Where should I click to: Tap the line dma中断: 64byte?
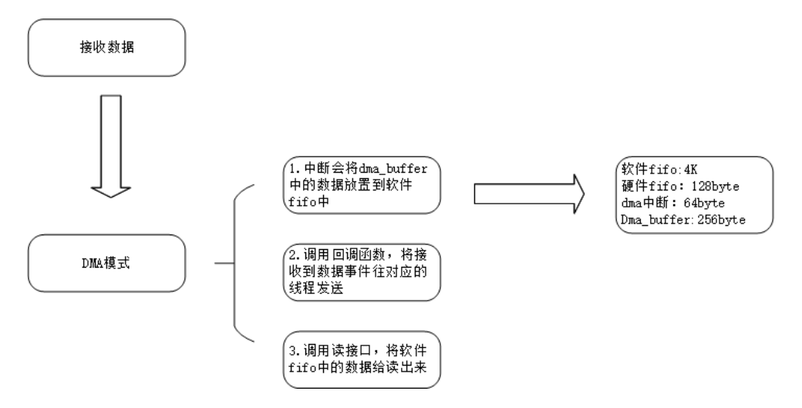coord(669,203)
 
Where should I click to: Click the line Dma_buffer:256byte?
coord(682,220)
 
